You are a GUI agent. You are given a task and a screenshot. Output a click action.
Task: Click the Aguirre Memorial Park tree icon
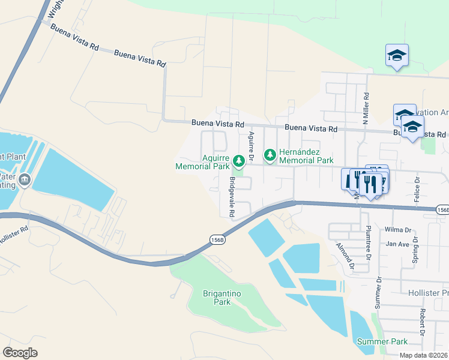coord(239,160)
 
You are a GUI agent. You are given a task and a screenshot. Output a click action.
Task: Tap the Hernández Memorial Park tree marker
coord(270,155)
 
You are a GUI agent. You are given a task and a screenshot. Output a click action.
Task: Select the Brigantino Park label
coord(214,298)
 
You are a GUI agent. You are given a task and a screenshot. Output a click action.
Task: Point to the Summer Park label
coord(382,341)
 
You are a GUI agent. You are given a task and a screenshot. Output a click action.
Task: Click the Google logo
coord(20,352)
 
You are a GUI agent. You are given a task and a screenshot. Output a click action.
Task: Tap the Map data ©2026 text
coord(423,355)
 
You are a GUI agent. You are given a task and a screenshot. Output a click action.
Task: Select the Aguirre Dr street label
coord(252,146)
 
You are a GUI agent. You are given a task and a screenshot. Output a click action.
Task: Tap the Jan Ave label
coord(397,244)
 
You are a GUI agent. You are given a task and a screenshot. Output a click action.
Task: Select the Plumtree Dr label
coord(369,243)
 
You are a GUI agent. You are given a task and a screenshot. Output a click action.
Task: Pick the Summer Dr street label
coord(378,293)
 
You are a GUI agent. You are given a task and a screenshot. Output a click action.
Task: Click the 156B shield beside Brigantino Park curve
coord(218,239)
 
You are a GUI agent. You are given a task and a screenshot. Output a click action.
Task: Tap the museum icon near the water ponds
coord(25,179)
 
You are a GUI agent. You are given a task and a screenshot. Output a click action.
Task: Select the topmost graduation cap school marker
coord(397,55)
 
